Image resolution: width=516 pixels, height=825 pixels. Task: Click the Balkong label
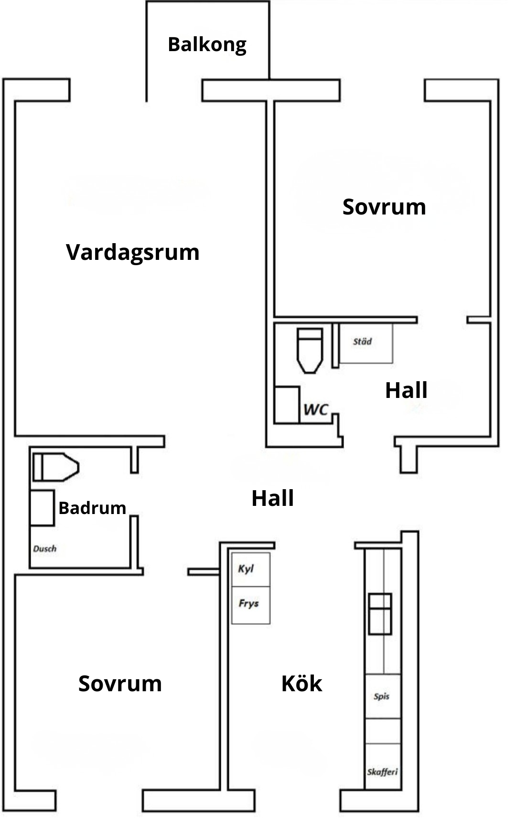[207, 44]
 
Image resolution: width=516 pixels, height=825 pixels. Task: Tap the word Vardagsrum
[133, 252]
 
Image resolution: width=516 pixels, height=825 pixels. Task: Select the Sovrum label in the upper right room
[384, 207]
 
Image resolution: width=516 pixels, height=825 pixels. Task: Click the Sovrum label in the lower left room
[120, 684]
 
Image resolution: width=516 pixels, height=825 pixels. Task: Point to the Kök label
[301, 684]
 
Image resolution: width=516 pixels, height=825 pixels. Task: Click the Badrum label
[92, 508]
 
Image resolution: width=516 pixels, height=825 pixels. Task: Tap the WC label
[316, 409]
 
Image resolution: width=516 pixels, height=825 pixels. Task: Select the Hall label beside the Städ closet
[406, 390]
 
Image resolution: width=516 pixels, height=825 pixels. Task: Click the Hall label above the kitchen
[272, 498]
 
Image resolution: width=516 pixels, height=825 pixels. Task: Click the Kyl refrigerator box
[251, 569]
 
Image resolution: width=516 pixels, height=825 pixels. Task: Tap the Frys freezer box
[251, 605]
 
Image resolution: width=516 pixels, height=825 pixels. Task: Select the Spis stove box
[383, 696]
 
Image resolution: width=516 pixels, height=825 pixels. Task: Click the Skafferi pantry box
[383, 771]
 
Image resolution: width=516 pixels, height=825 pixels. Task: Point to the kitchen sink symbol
[380, 613]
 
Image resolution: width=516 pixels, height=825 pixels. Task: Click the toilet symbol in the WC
[310, 349]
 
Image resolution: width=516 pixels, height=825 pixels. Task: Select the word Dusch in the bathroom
[45, 549]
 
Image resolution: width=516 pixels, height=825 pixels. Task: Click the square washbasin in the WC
[287, 405]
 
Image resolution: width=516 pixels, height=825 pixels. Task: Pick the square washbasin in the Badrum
[42, 508]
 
